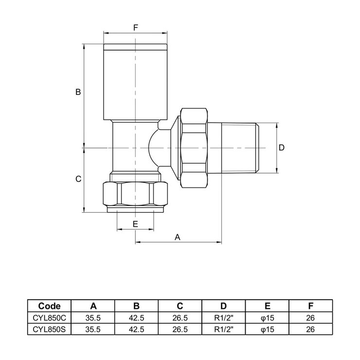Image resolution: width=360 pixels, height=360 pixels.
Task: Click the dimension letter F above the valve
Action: (x=136, y=28)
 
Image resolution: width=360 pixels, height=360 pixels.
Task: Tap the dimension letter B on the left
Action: (x=77, y=92)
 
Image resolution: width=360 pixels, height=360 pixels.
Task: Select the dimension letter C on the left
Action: (x=77, y=179)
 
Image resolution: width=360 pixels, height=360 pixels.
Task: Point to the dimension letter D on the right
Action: (x=281, y=147)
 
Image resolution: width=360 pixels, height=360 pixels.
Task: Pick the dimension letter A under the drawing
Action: (x=178, y=237)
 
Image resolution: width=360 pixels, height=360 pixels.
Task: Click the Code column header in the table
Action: (x=49, y=306)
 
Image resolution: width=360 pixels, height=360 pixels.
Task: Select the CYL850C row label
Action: (x=49, y=318)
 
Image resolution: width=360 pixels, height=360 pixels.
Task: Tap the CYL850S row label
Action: (x=49, y=329)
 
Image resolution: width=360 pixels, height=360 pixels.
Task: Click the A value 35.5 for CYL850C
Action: (x=93, y=318)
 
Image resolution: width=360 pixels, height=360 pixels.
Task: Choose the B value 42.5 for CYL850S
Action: (x=136, y=329)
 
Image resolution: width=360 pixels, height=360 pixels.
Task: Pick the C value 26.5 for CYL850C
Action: (x=180, y=318)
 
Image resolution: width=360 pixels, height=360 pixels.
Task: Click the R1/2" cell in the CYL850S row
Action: (x=223, y=329)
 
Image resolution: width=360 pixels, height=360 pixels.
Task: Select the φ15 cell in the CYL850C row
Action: (x=267, y=318)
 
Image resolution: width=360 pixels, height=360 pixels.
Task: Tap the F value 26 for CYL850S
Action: (x=310, y=329)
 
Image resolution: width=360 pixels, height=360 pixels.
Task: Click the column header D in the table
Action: (x=223, y=306)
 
